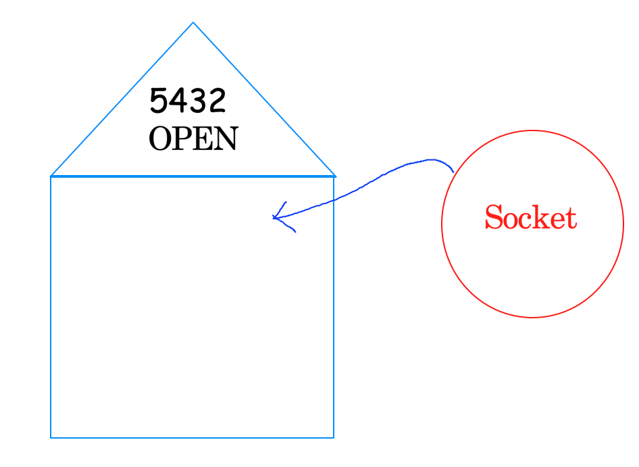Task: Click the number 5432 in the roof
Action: [x=187, y=101]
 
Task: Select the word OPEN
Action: [x=193, y=139]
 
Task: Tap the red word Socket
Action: [x=531, y=218]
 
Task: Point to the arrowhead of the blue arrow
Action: [x=274, y=218]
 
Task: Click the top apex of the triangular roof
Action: [x=193, y=22]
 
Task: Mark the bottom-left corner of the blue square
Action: [x=51, y=437]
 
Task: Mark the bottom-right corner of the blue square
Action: [x=334, y=437]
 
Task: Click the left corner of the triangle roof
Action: [x=51, y=176]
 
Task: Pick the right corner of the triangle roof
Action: [x=335, y=176]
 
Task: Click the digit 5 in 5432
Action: [x=158, y=101]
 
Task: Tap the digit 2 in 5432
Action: [x=216, y=101]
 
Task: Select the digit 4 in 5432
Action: [x=178, y=101]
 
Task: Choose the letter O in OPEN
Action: [x=159, y=139]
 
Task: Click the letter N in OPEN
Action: [x=226, y=139]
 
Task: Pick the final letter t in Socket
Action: [x=571, y=218]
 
